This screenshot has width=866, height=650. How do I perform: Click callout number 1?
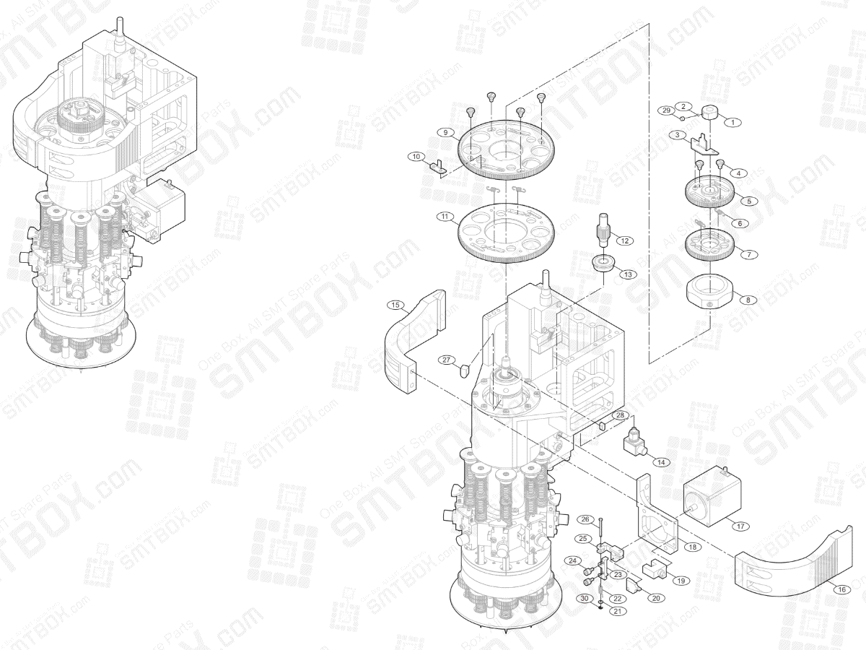pyautogui.click(x=732, y=123)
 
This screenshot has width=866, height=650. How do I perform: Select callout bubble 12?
pyautogui.click(x=623, y=240)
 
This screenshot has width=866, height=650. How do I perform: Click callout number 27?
pyautogui.click(x=446, y=359)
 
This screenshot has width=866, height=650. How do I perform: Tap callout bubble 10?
pyautogui.click(x=416, y=156)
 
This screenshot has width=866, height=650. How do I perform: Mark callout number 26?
pyautogui.click(x=586, y=519)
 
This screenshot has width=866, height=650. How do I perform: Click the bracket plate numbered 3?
pyautogui.click(x=704, y=147)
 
